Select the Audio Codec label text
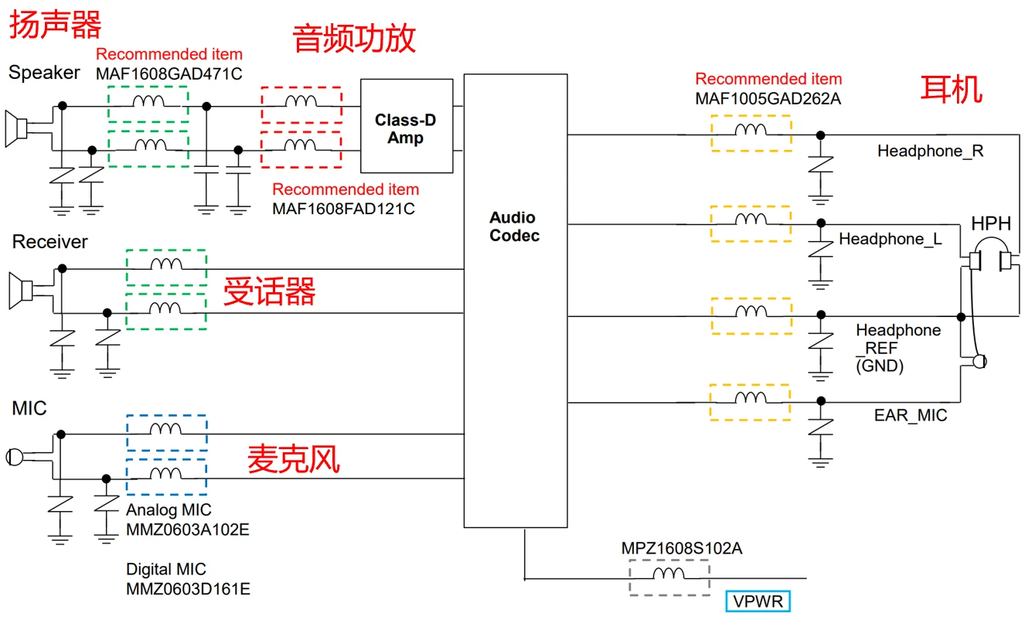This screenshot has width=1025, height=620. pyautogui.click(x=512, y=227)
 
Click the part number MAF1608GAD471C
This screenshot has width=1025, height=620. pyautogui.click(x=169, y=73)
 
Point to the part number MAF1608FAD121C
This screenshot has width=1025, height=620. pyautogui.click(x=343, y=209)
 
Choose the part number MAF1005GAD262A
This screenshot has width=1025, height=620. pyautogui.click(x=768, y=98)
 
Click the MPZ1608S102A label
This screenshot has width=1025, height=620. pyautogui.click(x=681, y=548)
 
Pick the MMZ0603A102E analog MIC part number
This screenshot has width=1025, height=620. pyautogui.click(x=188, y=530)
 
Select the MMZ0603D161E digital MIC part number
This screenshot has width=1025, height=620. pyautogui.click(x=188, y=589)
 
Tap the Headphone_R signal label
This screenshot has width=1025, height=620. pyautogui.click(x=930, y=152)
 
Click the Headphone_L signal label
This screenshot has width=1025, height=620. pyautogui.click(x=890, y=240)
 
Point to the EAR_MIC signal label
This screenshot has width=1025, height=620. pyautogui.click(x=910, y=416)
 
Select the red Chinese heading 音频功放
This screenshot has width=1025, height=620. pyautogui.click(x=354, y=39)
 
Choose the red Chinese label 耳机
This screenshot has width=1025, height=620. pyautogui.click(x=951, y=90)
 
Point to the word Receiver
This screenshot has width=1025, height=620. pyautogui.click(x=50, y=242)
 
